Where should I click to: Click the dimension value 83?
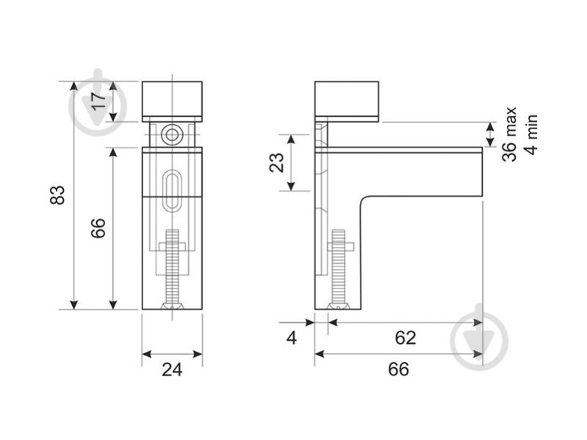(57, 195)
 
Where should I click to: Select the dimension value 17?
(99, 101)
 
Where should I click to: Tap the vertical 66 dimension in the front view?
(98, 228)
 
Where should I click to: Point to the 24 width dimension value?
(172, 369)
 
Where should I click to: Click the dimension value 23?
(277, 162)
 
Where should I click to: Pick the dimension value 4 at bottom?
(291, 338)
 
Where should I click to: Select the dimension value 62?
(406, 338)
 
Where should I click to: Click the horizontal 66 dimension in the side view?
(399, 369)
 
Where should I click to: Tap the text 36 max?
(510, 134)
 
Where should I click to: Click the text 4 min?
(531, 134)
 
